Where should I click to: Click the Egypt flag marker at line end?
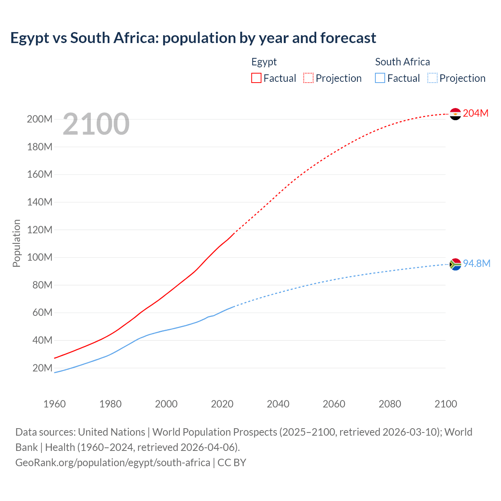[455, 114]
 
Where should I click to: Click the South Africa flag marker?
[455, 265]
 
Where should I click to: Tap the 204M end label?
[476, 113]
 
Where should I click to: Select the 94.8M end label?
[476, 263]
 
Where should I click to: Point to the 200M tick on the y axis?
[40, 119]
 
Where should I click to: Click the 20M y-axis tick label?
[42, 368]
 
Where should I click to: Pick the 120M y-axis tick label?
[40, 230]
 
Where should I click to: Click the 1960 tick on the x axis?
[54, 404]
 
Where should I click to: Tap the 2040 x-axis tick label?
[278, 404]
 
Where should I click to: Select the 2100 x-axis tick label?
[445, 404]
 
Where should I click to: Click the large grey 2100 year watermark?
[96, 124]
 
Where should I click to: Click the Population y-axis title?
[16, 243]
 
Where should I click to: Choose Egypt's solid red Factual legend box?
[256, 78]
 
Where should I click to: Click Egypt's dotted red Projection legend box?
[308, 78]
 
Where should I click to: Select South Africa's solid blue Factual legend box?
[380, 78]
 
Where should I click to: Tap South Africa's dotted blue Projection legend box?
[432, 78]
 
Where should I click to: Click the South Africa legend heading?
[402, 62]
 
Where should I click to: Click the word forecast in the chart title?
[348, 38]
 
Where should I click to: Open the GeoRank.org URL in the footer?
[113, 463]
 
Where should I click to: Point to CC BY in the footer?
[232, 463]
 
